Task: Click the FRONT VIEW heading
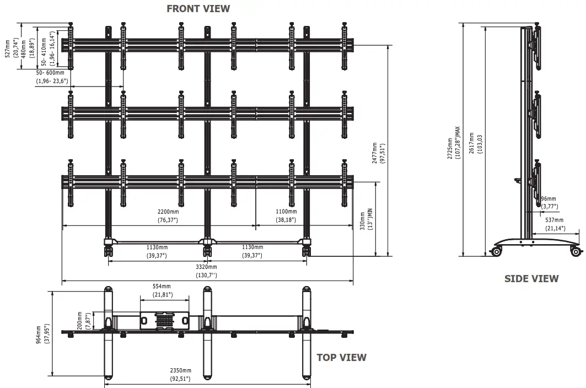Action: point(198,8)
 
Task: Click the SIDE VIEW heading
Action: point(531,279)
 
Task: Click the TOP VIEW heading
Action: point(341,357)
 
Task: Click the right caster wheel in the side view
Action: point(577,252)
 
